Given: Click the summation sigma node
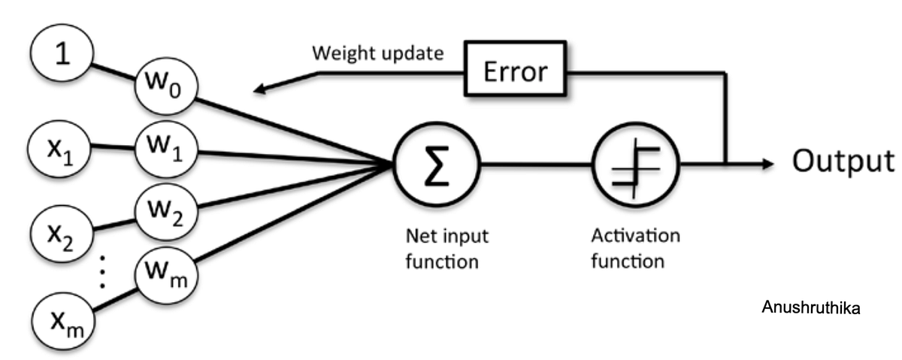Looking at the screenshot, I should pos(437,163).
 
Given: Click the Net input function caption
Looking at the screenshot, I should pos(443,248).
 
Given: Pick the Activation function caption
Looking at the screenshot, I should pos(635,248).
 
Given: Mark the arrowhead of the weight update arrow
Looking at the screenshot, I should pos(259,89).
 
